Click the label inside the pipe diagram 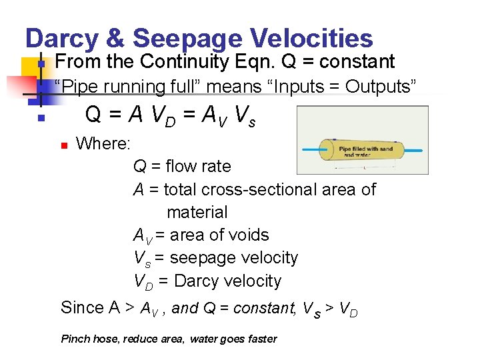[365, 151]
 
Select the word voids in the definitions [247, 235]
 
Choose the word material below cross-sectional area [197, 213]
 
